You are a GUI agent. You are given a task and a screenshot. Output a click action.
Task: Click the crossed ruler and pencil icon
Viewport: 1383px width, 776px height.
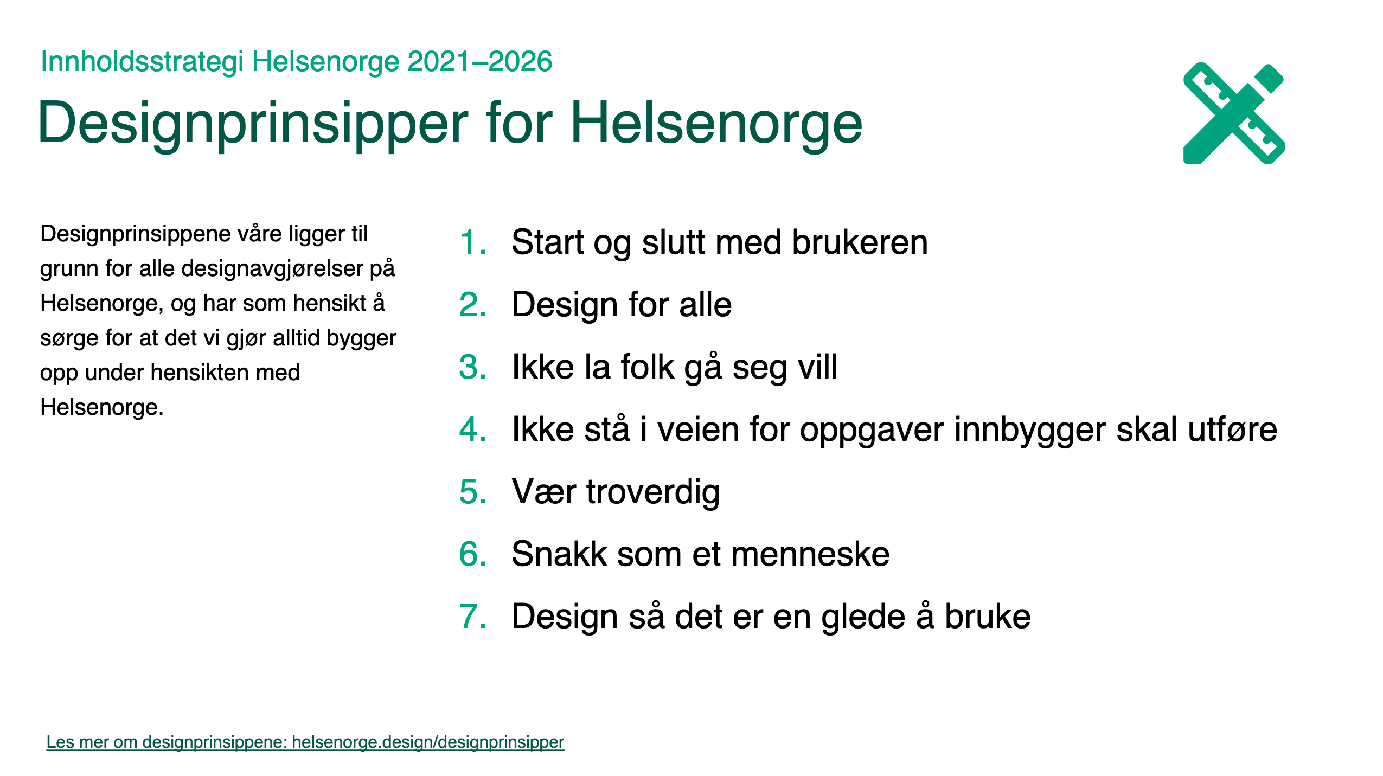click(x=1233, y=113)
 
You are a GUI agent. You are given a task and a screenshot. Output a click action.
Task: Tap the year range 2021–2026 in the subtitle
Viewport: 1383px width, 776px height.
click(x=479, y=61)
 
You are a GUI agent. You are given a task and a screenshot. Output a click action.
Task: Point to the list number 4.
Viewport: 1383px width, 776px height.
click(x=473, y=429)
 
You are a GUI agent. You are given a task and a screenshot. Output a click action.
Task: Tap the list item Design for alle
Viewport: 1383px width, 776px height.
click(x=622, y=305)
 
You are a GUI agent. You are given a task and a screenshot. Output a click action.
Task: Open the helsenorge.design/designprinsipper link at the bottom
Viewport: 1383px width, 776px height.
click(x=428, y=742)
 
